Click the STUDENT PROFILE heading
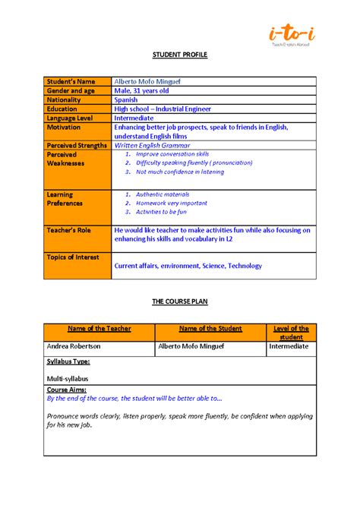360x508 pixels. [179, 56]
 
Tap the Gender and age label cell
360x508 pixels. [72, 90]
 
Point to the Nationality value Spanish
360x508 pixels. [126, 99]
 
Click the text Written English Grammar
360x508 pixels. [152, 145]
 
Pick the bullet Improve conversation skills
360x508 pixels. [172, 154]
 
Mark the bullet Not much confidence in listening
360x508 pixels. [180, 172]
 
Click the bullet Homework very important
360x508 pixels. [171, 204]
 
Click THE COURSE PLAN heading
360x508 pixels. [179, 301]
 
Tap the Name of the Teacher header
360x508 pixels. [99, 329]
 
